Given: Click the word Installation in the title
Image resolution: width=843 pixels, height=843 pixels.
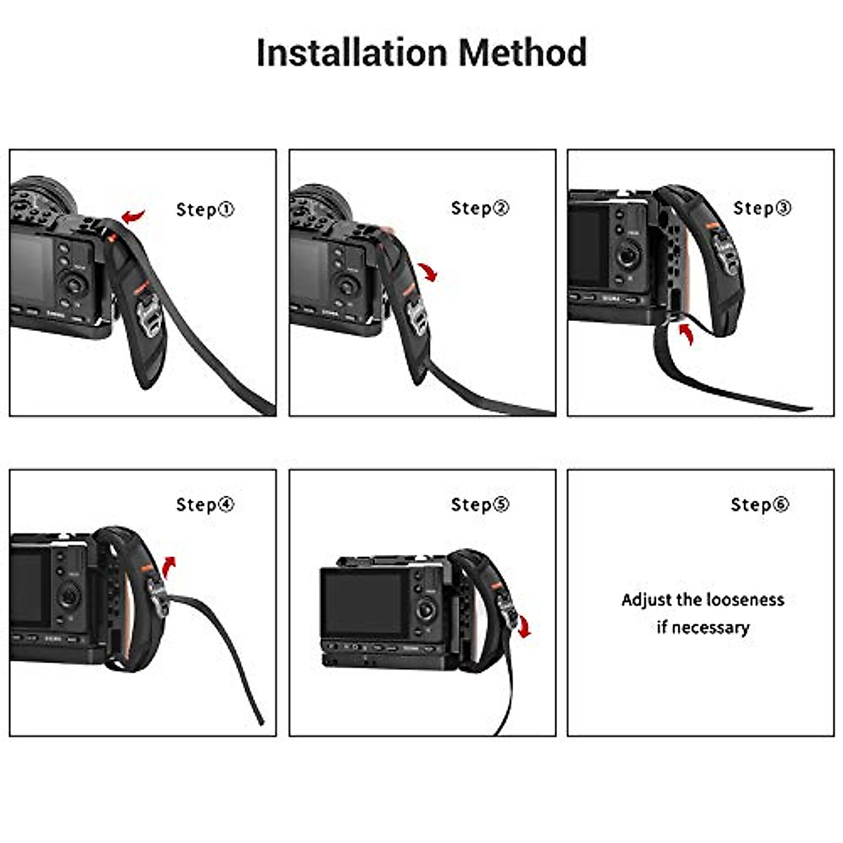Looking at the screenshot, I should [351, 53].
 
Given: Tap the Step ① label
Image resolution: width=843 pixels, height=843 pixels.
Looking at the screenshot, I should [204, 209].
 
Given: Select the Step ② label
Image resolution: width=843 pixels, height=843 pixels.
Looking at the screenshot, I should [480, 208].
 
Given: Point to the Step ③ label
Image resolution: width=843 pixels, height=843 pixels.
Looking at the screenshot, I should [762, 208].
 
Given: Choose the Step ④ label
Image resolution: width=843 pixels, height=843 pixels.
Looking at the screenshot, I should [204, 504].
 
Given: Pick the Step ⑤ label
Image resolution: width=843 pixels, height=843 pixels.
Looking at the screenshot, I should [480, 504].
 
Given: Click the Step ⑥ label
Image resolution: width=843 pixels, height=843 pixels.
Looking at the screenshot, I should [759, 504].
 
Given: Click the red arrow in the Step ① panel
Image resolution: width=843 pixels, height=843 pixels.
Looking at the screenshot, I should [133, 215].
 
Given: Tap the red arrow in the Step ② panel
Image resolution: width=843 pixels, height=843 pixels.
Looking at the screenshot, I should [427, 271].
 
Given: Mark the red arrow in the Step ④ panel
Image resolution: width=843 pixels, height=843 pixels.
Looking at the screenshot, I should [169, 564].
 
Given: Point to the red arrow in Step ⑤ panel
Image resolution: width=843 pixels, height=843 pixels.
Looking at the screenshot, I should [524, 627].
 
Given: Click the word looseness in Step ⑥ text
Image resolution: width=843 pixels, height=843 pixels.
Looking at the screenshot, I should [745, 600].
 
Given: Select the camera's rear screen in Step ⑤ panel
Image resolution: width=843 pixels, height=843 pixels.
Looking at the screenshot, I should [361, 601].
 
